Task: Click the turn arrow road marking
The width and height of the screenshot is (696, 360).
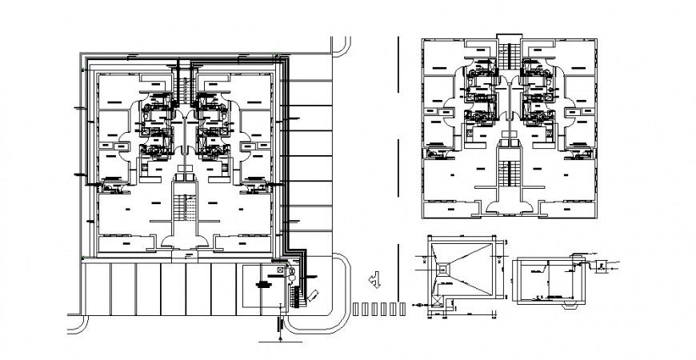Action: coord(375,280)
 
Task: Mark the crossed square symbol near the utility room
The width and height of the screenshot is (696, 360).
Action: coord(279,271)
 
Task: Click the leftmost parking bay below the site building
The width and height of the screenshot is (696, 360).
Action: coord(98,288)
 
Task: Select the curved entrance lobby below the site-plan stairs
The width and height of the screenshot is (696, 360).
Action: coord(185,236)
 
